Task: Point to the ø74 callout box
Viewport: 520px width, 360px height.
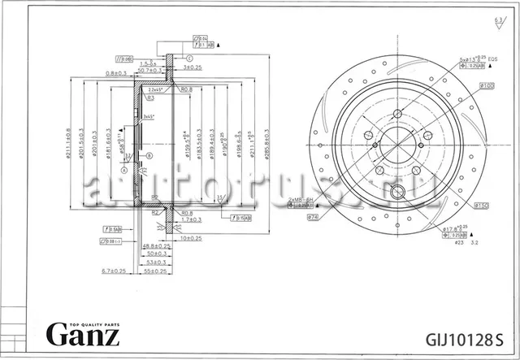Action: tap(312, 217)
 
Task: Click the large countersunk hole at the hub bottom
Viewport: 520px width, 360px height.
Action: tap(397, 193)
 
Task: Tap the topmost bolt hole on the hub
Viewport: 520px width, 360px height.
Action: tap(396, 113)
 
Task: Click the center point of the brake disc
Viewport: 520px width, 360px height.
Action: tap(396, 147)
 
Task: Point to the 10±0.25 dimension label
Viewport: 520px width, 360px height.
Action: tap(191, 238)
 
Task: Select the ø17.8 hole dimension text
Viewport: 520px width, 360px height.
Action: tap(453, 230)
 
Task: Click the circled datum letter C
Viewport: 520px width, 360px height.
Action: tap(188, 59)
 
